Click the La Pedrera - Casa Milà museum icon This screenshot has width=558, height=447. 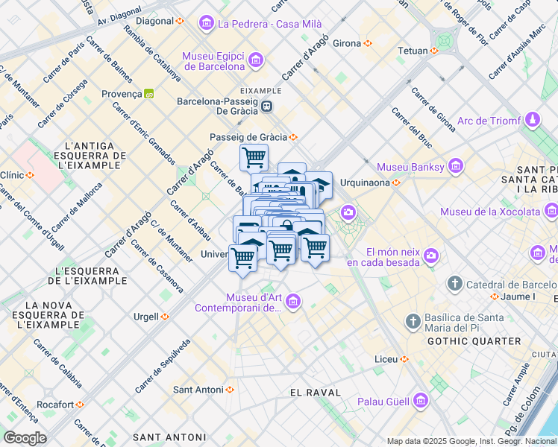coord(206,24)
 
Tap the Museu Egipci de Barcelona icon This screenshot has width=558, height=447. coord(256,60)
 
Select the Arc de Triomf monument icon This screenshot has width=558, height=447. coord(532,120)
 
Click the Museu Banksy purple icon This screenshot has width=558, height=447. coord(455,166)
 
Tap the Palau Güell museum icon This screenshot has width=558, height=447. coord(420,402)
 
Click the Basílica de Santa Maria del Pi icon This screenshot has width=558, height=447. coord(413,322)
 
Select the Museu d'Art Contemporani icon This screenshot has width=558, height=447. coord(293,301)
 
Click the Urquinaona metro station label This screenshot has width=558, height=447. coord(366,183)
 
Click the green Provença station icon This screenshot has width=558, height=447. coord(149,94)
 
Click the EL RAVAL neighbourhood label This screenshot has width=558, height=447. coord(315,392)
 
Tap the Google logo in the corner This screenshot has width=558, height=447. coord(25,438)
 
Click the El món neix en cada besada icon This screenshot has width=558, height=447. coord(431,256)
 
